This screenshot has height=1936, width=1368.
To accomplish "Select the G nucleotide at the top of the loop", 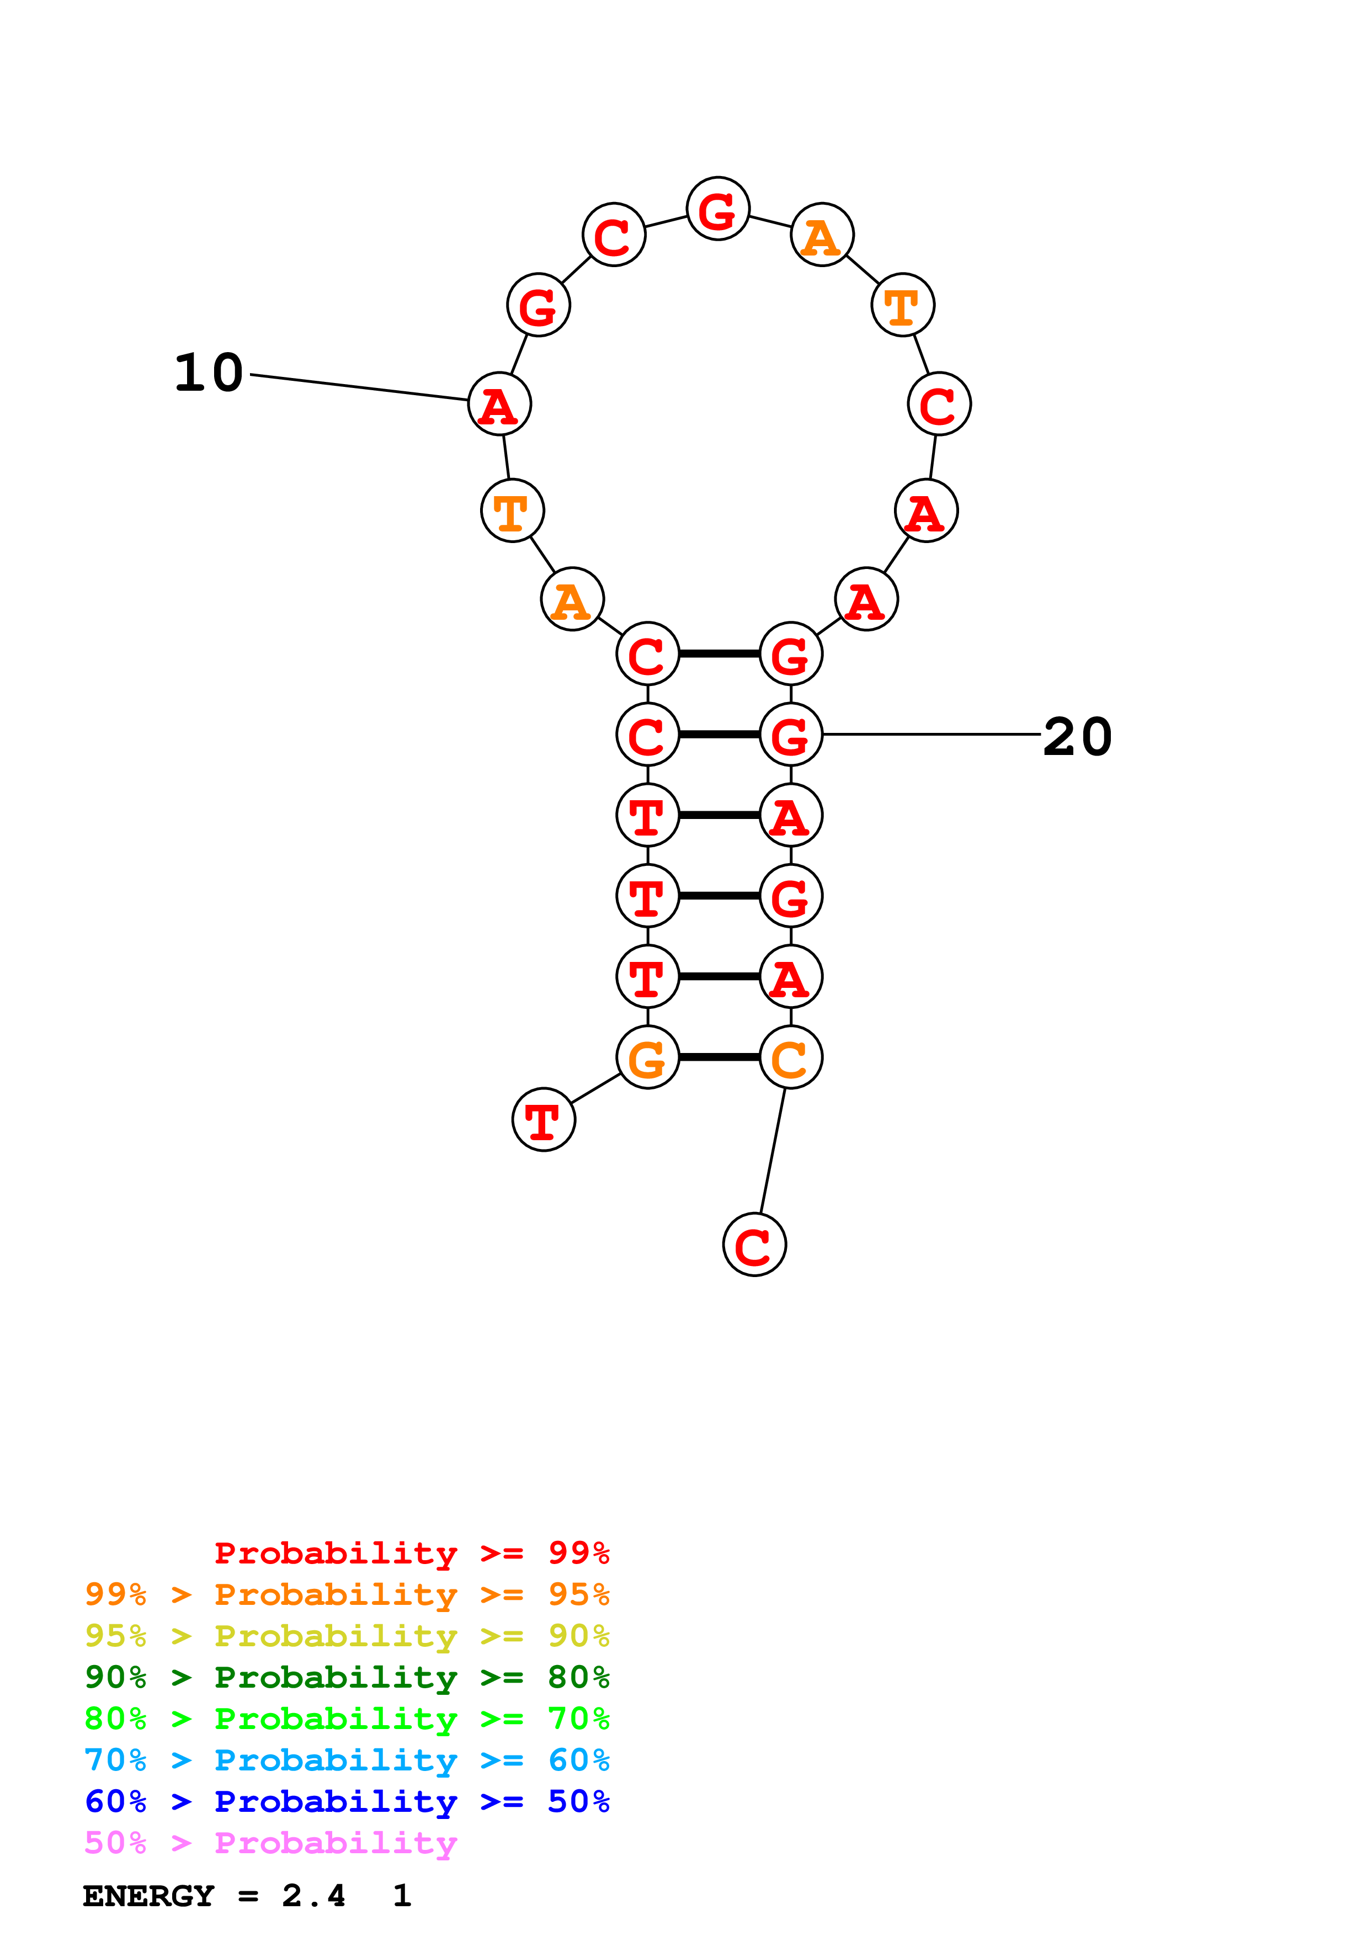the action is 717,209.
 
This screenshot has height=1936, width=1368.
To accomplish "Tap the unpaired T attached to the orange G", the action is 544,1120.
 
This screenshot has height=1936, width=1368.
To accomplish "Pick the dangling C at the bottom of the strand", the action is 754,1244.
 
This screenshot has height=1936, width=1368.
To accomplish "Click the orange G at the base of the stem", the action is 647,1057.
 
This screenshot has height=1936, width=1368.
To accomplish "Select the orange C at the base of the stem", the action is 791,1057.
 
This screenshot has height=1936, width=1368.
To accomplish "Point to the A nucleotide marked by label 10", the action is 500,405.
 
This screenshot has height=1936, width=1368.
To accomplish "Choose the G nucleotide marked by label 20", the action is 791,735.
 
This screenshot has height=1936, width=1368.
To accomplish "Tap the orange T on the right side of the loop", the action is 903,305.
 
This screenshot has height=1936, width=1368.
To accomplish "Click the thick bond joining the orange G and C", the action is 719,1057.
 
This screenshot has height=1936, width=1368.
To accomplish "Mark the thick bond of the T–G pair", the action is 719,896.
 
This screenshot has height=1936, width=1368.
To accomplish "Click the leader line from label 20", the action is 931,735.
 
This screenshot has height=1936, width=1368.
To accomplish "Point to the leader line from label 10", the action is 358,387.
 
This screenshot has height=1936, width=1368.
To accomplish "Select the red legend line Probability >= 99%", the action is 411,1553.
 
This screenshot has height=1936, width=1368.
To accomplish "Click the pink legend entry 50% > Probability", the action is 270,1843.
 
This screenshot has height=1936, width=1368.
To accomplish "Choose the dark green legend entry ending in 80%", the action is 347,1677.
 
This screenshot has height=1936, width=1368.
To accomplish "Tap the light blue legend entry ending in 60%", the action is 347,1760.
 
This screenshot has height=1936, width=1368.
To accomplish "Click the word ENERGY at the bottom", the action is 148,1896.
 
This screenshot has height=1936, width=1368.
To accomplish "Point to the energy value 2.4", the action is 313,1896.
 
